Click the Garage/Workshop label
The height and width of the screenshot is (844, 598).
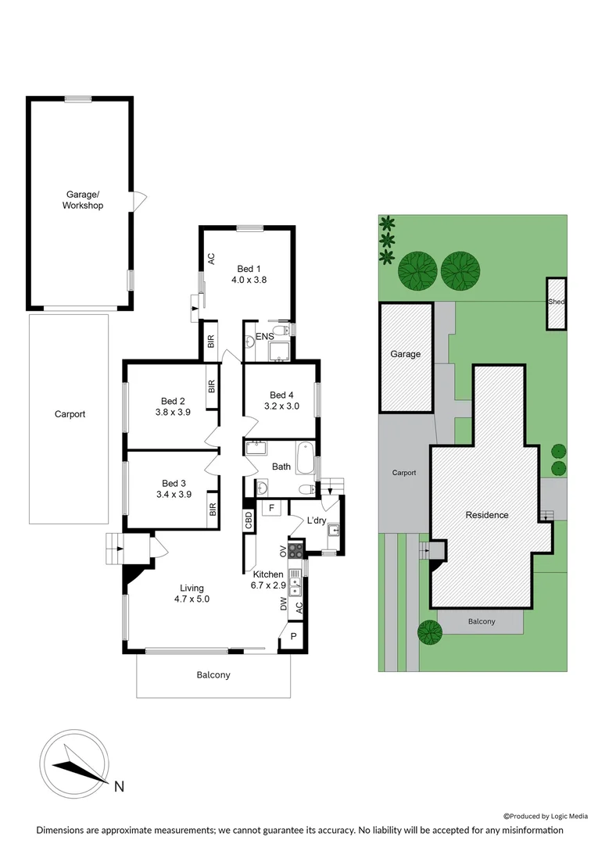pos(83,200)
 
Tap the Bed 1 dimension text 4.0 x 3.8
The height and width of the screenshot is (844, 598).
pos(249,280)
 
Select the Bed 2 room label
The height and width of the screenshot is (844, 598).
pos(173,402)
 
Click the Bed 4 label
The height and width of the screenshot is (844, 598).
pos(281,395)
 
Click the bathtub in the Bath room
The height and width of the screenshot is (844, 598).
pos(305,456)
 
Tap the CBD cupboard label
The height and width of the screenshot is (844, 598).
pos(249,521)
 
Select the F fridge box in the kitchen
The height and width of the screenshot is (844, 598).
pos(271,509)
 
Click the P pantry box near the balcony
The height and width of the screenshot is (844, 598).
pos(293,636)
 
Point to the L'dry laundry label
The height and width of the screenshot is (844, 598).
pos(316,520)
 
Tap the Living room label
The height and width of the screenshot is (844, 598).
pos(192,588)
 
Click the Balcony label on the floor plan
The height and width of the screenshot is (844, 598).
pos(214,675)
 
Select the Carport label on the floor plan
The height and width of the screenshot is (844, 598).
pos(70,414)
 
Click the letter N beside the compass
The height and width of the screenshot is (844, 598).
pos(119,786)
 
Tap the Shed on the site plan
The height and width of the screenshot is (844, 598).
pos(556,302)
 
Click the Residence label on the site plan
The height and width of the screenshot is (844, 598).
pos(487,515)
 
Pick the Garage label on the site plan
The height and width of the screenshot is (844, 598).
pos(406,354)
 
